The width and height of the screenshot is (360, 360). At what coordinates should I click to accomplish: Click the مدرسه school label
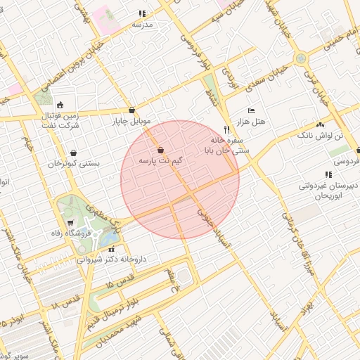(142, 24)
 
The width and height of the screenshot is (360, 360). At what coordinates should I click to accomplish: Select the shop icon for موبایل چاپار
(132, 110)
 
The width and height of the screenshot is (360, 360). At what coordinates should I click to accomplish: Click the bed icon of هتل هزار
(251, 111)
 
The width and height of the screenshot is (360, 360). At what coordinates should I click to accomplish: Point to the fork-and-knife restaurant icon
(226, 129)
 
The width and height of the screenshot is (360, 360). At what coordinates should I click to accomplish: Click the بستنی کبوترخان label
(74, 163)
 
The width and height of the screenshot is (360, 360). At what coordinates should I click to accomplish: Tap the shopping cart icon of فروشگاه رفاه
(70, 223)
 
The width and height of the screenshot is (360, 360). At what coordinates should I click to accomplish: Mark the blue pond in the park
(108, 239)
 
